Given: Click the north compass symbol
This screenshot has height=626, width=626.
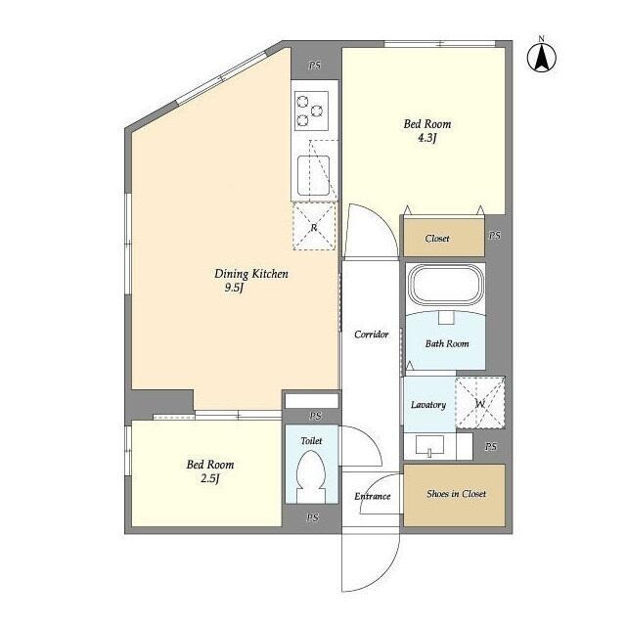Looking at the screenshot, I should click(x=538, y=56).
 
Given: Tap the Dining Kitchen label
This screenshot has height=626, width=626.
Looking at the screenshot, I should click(x=251, y=274).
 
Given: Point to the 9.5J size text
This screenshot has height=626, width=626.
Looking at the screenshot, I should click(x=234, y=289).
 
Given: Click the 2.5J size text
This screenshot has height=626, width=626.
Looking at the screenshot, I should click(x=210, y=478).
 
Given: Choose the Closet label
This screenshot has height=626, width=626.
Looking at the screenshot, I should click(x=437, y=238).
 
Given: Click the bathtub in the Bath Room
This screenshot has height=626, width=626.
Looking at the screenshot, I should click(x=446, y=285).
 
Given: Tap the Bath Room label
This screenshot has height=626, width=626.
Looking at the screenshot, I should click(x=446, y=343).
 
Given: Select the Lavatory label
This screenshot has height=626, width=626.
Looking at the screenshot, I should click(x=428, y=405).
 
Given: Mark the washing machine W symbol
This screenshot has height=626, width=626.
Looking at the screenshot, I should click(x=480, y=403).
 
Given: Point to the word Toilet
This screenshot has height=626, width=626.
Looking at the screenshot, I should click(x=311, y=441).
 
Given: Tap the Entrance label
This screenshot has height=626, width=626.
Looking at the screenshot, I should click(x=373, y=496).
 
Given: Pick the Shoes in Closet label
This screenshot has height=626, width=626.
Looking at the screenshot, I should click(x=456, y=494).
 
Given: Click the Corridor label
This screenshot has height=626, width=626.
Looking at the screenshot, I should click(x=372, y=335).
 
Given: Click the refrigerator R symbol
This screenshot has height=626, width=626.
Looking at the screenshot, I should click(x=314, y=228).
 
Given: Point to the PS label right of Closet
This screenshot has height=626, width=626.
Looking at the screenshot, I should click(x=495, y=237).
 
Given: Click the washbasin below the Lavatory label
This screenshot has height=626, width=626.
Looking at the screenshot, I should click(x=429, y=446).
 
